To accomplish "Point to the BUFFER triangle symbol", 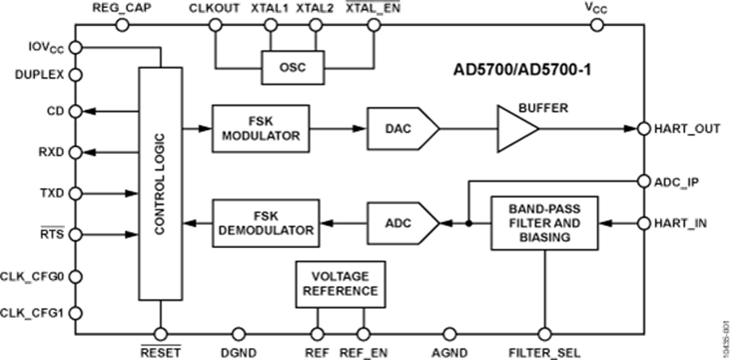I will tap(517, 128).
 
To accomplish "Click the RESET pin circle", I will tap(160, 334).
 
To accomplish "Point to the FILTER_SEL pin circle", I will tap(544, 334).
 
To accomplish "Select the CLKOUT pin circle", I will tap(216, 25).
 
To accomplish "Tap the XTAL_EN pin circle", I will tap(373, 25).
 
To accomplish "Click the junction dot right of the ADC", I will tap(468, 221).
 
